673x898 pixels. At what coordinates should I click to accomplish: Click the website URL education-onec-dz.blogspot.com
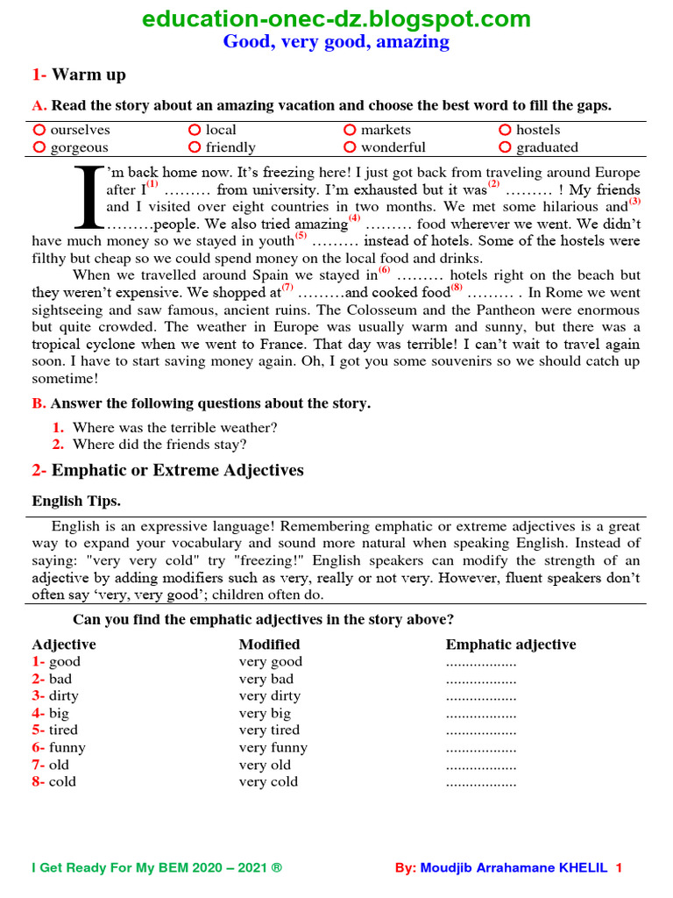tap(336, 18)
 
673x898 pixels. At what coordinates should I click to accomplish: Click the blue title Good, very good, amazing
tap(336, 41)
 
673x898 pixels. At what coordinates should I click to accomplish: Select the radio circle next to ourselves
tap(39, 130)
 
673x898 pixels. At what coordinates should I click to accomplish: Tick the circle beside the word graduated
tap(504, 147)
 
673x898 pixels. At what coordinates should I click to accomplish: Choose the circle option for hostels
tap(504, 130)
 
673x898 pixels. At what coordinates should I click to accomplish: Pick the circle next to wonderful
tap(350, 147)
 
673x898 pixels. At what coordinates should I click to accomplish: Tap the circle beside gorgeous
tap(39, 147)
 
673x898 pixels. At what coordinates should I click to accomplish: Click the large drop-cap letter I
tap(87, 194)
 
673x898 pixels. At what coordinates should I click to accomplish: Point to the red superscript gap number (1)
tap(152, 185)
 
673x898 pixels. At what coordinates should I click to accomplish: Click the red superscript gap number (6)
tap(385, 270)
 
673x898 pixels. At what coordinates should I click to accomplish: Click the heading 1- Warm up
tap(79, 75)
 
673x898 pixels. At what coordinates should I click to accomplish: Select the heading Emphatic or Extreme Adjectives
tap(177, 470)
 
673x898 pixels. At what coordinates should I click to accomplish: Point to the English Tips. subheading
tap(76, 502)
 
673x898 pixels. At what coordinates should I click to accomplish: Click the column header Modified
tap(270, 645)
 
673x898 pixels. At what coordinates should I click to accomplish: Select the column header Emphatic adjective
tap(511, 645)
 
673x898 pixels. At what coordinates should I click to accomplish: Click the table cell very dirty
tap(270, 696)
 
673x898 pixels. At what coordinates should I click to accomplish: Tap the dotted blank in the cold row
tap(481, 782)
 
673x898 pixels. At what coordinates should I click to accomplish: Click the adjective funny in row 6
tap(67, 748)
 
